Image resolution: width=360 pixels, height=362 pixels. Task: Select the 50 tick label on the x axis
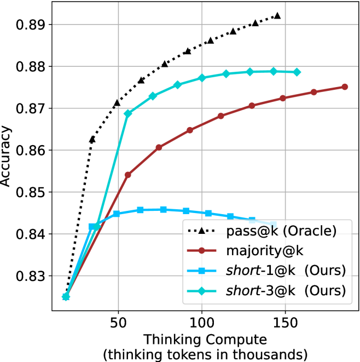click(x=118, y=323)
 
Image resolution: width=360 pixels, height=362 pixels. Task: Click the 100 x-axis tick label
click(x=202, y=323)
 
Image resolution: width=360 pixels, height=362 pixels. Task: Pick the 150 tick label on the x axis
click(x=286, y=323)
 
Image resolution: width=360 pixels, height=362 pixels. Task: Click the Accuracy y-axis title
click(x=7, y=157)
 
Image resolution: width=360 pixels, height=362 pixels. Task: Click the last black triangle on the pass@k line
click(x=277, y=16)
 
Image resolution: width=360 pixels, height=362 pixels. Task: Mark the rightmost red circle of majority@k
click(x=345, y=87)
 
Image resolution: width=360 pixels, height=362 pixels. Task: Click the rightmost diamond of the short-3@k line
click(x=297, y=72)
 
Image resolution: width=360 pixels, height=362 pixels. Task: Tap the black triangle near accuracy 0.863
click(x=92, y=139)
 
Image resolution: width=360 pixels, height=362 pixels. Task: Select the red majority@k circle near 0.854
click(x=128, y=175)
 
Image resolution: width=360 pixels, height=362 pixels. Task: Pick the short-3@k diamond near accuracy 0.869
click(x=128, y=114)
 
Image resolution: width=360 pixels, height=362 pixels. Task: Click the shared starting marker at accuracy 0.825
click(x=66, y=297)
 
